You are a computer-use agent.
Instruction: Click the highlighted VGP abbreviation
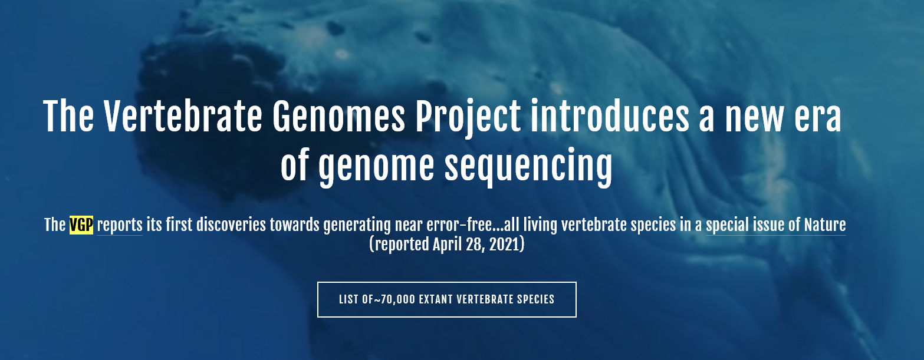click(81, 225)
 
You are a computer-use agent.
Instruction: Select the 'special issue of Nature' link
click(776, 225)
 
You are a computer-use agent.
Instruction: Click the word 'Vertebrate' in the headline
click(183, 116)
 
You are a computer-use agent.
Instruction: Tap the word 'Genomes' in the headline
click(338, 116)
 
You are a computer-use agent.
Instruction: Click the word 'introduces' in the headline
click(610, 116)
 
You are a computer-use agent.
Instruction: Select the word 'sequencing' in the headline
click(528, 167)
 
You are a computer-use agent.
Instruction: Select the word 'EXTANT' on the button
click(436, 299)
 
